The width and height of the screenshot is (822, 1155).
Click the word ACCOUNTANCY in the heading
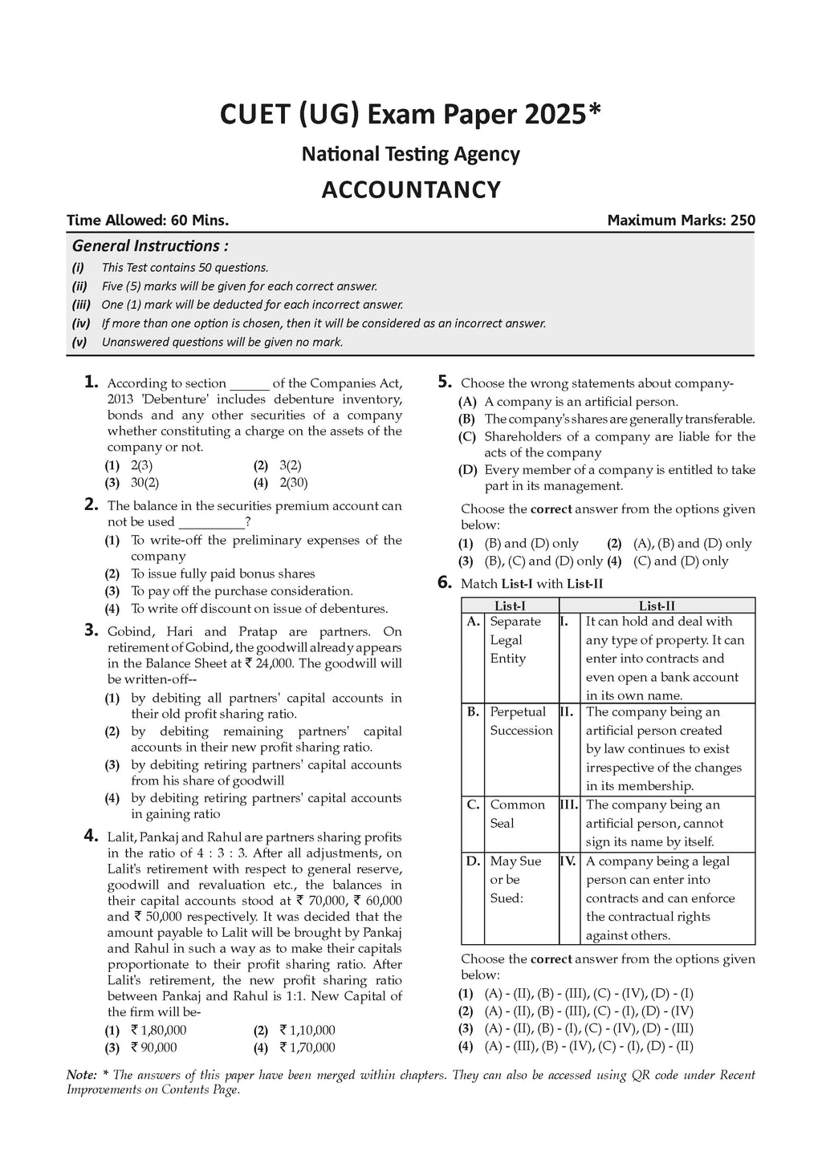pyautogui.click(x=411, y=190)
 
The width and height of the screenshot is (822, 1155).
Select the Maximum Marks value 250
pyautogui.click(x=743, y=221)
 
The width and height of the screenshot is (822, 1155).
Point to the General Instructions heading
pyautogui.click(x=150, y=246)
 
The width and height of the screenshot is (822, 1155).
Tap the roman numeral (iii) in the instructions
pyautogui.click(x=80, y=305)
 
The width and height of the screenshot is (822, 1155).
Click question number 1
pyautogui.click(x=92, y=383)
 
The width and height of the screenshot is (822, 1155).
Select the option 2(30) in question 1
pyautogui.click(x=294, y=483)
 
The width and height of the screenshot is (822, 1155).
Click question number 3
pyautogui.click(x=92, y=630)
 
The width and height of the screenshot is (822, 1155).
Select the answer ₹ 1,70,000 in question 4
pyautogui.click(x=307, y=1048)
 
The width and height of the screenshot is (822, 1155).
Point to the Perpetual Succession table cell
pyautogui.click(x=521, y=721)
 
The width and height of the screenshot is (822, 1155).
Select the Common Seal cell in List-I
pyautogui.click(x=512, y=814)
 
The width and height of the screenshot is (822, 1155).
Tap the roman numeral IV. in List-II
pyautogui.click(x=568, y=861)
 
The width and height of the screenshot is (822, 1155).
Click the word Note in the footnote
pyautogui.click(x=79, y=1075)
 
